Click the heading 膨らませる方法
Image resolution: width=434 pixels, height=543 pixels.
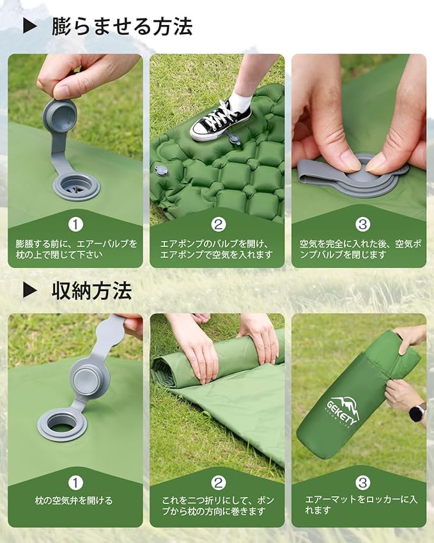pyautogui.click(x=121, y=26)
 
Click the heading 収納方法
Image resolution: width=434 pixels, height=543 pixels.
pyautogui.click(x=91, y=290)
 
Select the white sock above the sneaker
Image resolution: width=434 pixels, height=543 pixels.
pyautogui.click(x=241, y=101)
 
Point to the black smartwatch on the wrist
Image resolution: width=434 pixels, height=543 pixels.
pyautogui.click(x=417, y=412)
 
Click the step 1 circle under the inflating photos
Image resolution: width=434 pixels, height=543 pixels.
pyautogui.click(x=75, y=224)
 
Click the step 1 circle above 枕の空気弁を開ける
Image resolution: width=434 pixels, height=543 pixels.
pyautogui.click(x=75, y=483)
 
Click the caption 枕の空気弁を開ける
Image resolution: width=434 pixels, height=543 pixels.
pyautogui.click(x=74, y=501)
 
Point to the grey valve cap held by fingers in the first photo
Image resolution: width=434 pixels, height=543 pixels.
pyautogui.click(x=60, y=115)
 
